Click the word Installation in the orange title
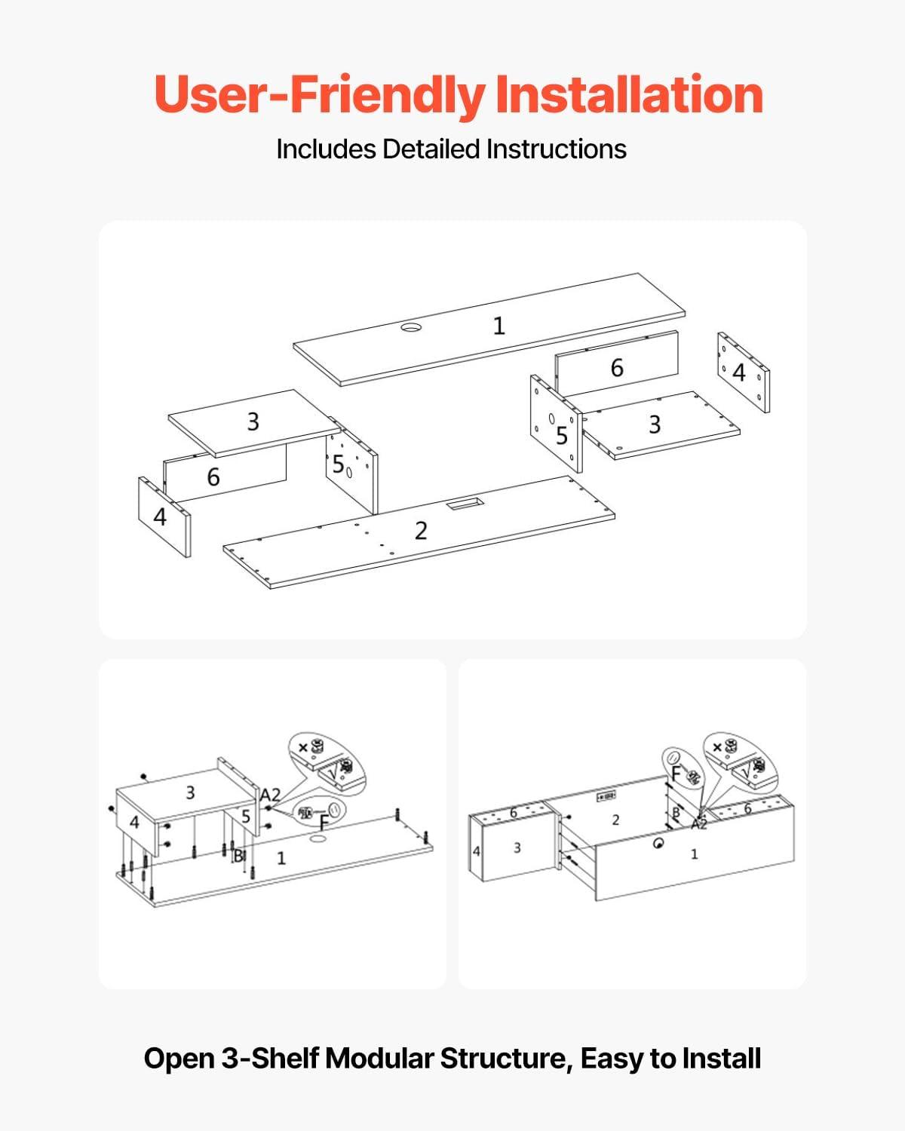coord(629,94)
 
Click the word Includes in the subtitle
coord(326,149)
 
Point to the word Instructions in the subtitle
coord(557,149)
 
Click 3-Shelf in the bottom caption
coord(270,1058)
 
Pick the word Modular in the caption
coord(379,1058)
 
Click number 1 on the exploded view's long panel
coord(499,326)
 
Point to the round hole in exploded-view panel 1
coord(411,327)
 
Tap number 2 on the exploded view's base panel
coord(421,531)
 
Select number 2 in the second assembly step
coord(616,820)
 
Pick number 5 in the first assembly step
coord(246,817)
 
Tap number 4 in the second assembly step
coord(477,851)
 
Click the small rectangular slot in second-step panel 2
coord(606,796)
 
